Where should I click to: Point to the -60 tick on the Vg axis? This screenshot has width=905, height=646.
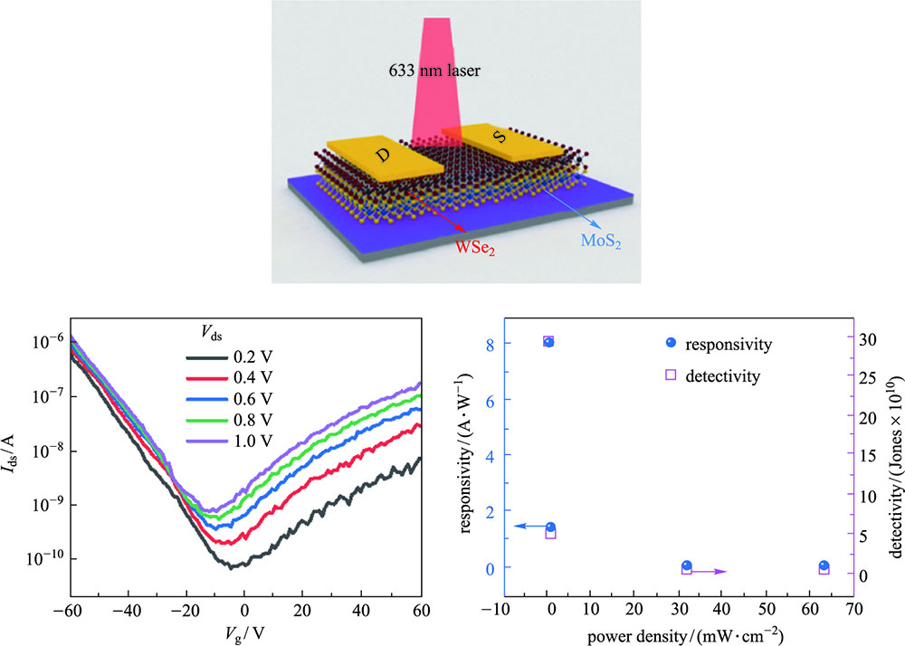(66, 607)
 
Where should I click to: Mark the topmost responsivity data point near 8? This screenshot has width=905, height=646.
(548, 342)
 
